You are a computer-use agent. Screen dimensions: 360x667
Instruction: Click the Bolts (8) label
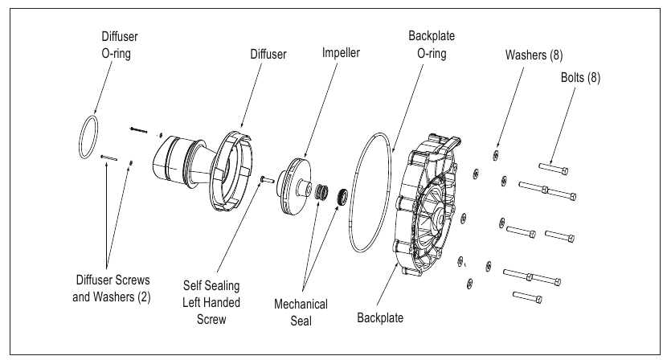point(581,78)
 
